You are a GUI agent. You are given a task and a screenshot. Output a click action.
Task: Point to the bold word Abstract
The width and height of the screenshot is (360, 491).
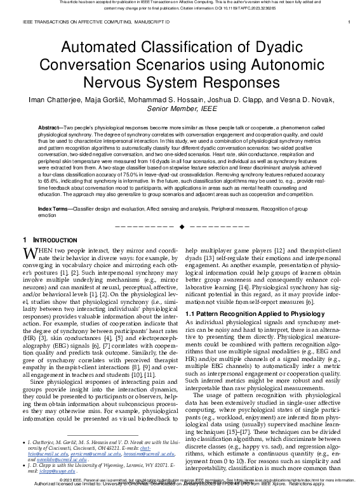point(50,128)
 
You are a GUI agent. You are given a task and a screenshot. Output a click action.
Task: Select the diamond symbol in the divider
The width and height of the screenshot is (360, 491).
point(182,226)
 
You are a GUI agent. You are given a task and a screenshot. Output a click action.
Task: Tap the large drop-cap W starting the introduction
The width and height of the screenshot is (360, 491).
point(30,255)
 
